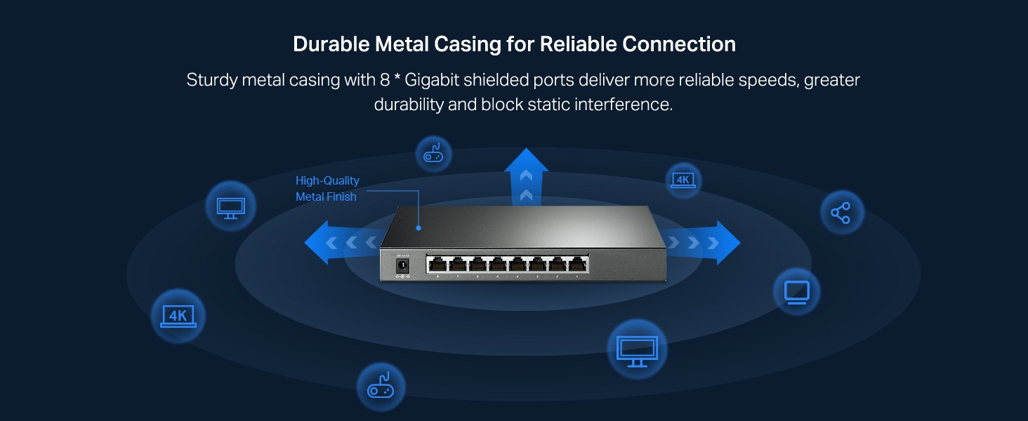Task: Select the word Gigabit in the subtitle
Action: coord(434,80)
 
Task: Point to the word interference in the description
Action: coord(624,105)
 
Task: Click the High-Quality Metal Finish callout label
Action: coord(327,189)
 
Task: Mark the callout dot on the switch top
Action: coord(419,228)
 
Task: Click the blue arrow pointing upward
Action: coord(526,175)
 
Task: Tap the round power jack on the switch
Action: coord(403,266)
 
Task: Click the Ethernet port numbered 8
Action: coord(437,265)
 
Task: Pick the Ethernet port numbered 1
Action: coord(578,265)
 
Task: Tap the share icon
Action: coord(841,213)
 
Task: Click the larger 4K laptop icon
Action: coord(178,316)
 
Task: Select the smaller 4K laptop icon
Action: coord(683,180)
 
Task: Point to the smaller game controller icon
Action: coord(433,154)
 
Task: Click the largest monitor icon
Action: coord(637,349)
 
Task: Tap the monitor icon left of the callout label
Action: coord(230,206)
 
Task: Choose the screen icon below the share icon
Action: coord(796,291)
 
